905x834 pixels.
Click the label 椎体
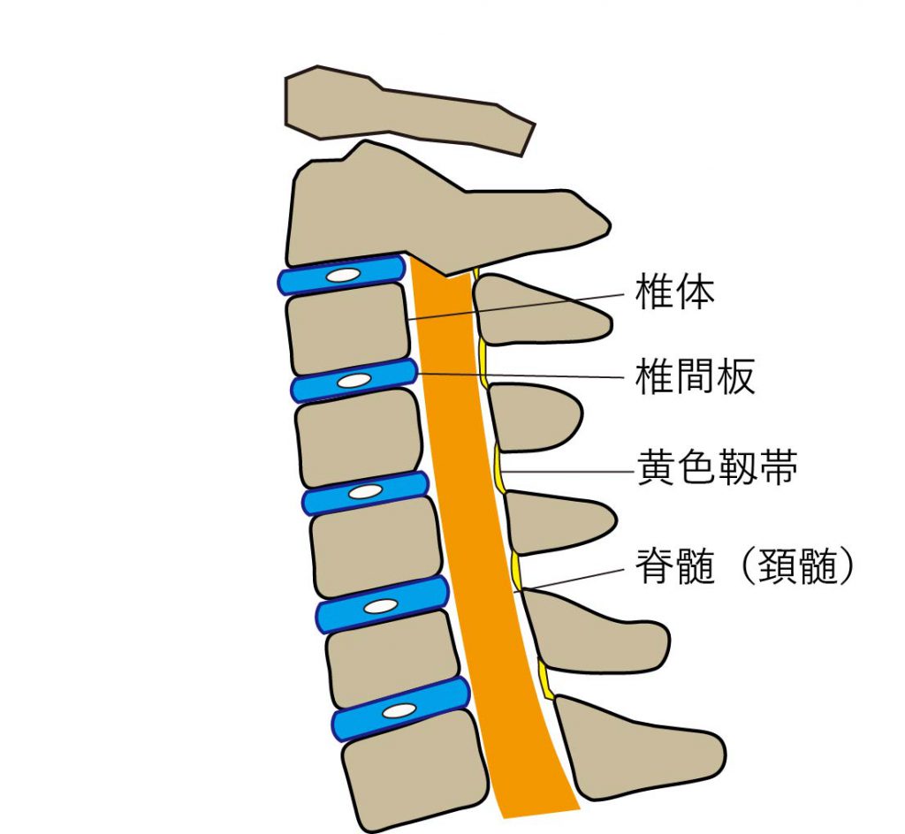click(x=674, y=292)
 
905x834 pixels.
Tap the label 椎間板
click(x=695, y=378)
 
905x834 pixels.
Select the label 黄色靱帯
click(x=717, y=470)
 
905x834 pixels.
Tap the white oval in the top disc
click(x=342, y=277)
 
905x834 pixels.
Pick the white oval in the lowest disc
click(x=399, y=710)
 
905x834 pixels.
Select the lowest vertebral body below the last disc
click(x=415, y=777)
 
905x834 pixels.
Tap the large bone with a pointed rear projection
click(x=442, y=212)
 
